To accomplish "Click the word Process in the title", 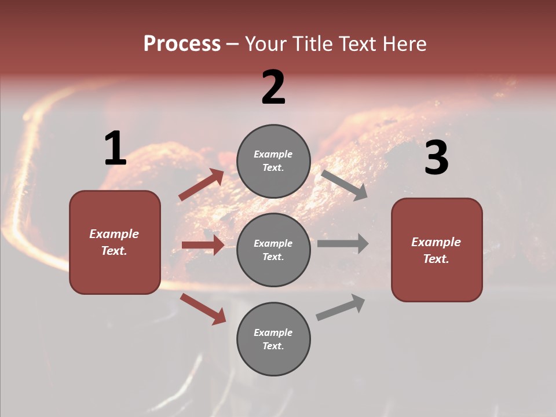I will pos(182,43).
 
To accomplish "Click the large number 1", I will pos(115,149).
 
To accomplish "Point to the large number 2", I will pos(273,87).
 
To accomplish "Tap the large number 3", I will pos(436,158).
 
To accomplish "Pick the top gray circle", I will pos(273,161).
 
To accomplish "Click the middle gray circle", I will pos(273,250).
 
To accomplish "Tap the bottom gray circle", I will pos(273,339).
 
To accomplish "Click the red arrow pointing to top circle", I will pos(202,185).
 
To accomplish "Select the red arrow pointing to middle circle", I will pos(203,245).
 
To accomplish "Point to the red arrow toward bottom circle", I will pos(203,309).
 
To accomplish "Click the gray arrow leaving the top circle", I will pos(344,185).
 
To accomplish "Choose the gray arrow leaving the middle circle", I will pos(342,244).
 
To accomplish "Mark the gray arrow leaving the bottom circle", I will pos(341,308).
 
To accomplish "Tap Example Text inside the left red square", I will pos(114,242).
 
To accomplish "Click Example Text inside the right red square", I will pos(436,250).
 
